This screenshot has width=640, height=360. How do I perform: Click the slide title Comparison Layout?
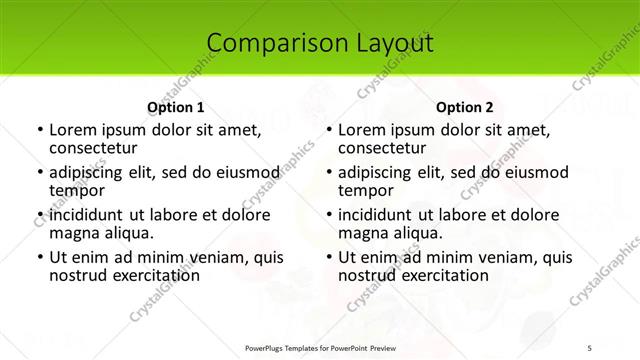[320, 43]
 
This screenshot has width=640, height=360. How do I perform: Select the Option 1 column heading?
[176, 107]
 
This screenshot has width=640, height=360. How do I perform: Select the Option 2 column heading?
[465, 107]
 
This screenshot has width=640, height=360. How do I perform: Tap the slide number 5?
[590, 348]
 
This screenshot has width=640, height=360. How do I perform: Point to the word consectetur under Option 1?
[93, 148]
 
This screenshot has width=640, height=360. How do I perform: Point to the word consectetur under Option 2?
[382, 148]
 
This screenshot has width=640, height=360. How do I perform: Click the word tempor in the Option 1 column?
[77, 191]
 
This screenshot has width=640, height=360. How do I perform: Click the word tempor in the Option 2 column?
[366, 191]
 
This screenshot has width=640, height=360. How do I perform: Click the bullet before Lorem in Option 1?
[39, 131]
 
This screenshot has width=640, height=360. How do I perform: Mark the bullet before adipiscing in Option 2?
[328, 173]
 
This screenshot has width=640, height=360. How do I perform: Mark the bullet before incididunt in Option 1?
[39, 215]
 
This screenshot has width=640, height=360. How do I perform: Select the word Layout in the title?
[387, 43]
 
